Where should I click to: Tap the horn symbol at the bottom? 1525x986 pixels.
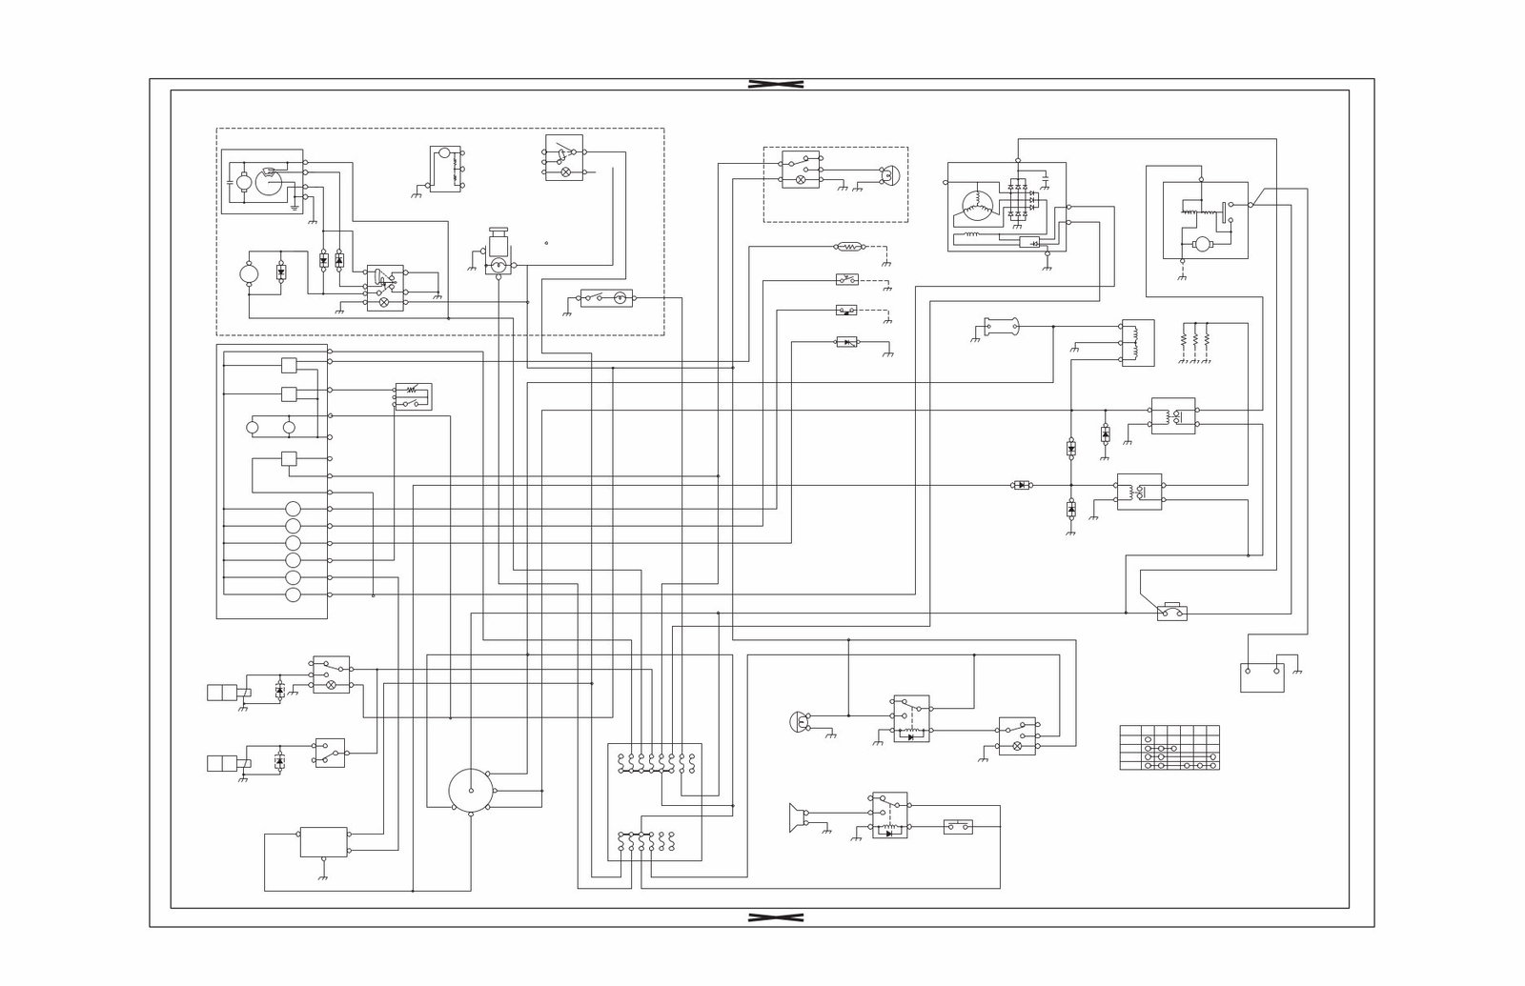pos(793,817)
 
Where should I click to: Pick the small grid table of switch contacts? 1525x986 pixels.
pos(1169,748)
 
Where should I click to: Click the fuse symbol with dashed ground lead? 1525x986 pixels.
pos(849,247)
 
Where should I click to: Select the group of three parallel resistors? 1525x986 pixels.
pos(1194,339)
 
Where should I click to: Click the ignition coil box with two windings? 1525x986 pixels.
pos(1137,343)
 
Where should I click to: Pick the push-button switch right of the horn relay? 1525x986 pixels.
pos(957,826)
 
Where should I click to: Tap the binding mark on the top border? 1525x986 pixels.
pos(775,84)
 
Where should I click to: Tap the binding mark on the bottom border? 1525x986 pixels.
pos(775,917)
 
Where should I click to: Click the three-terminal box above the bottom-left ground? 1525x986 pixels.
pos(324,841)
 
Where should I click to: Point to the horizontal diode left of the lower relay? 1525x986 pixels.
pos(1021,485)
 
